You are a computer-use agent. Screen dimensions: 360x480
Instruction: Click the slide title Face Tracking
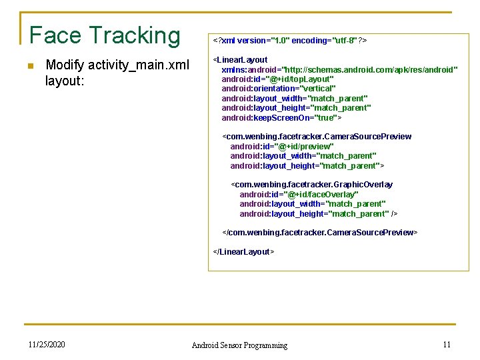click(x=105, y=35)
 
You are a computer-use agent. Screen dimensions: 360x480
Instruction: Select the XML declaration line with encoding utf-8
click(x=289, y=41)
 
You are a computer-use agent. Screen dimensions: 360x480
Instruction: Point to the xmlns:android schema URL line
click(x=339, y=69)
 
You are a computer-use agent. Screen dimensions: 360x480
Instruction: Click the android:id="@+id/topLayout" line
click(x=277, y=79)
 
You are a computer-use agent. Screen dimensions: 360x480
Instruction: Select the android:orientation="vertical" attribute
click(x=278, y=89)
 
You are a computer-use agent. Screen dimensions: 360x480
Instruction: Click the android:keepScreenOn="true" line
click(x=281, y=118)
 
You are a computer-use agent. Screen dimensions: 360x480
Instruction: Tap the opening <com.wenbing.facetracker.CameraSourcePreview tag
click(x=317, y=137)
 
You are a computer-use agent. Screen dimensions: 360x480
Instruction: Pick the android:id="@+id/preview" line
click(x=281, y=147)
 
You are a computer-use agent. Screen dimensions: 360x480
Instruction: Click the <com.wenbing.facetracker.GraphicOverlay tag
click(x=312, y=185)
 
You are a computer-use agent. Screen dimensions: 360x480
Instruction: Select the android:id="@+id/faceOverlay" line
click(x=299, y=195)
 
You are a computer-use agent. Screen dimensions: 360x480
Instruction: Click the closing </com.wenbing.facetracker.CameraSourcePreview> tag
click(x=319, y=233)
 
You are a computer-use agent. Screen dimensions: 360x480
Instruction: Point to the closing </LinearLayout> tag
click(x=243, y=252)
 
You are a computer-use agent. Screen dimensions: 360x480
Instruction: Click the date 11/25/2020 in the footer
click(x=47, y=345)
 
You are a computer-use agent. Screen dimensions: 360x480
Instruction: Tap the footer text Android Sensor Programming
click(x=239, y=345)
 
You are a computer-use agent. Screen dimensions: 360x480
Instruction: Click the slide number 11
click(x=447, y=345)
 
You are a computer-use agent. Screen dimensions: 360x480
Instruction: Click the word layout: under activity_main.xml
click(x=64, y=81)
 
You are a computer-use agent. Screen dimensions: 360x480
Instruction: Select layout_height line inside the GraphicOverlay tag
click(x=318, y=214)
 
